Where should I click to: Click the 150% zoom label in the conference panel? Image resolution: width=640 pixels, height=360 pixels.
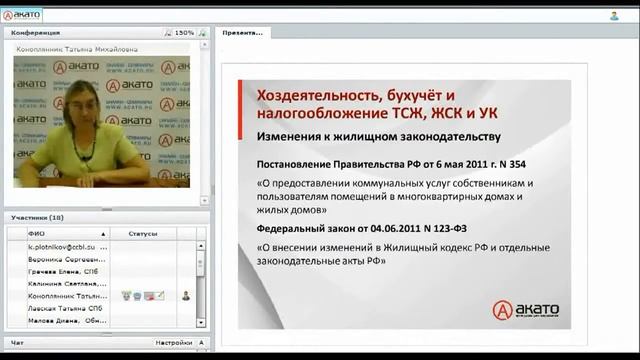184,33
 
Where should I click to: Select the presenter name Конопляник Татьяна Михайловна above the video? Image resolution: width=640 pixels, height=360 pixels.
76,48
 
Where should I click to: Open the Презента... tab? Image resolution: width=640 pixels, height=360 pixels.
243,33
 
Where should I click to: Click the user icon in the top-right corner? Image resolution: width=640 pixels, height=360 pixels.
613,15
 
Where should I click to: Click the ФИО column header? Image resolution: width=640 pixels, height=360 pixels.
37,233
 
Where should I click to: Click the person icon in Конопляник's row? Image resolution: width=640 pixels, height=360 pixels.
186,296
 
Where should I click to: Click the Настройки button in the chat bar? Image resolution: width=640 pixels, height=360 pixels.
173,342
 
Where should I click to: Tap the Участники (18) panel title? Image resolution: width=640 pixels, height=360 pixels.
38,217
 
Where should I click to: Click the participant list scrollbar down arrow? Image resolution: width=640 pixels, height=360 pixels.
201,323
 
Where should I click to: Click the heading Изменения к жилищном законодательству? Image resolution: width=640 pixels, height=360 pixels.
377,136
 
